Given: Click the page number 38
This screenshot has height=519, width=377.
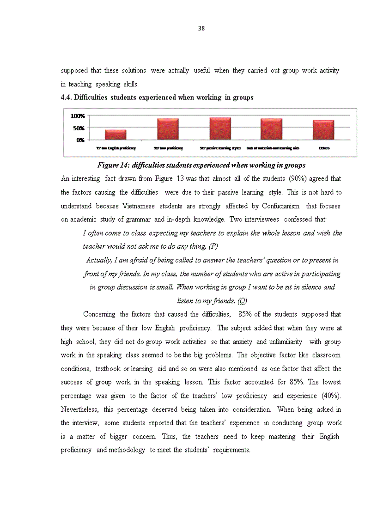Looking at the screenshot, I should click(201, 28).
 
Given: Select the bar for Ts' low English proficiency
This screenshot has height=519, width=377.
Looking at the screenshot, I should click(116, 134).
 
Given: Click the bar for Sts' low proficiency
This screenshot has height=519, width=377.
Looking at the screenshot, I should click(168, 129).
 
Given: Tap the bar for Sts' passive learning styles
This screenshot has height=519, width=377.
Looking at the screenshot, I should click(220, 128).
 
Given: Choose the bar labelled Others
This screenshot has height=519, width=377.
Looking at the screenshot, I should click(323, 130).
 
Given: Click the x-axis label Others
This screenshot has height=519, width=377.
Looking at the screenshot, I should click(324, 148).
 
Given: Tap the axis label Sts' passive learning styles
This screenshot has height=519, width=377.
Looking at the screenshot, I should click(220, 148).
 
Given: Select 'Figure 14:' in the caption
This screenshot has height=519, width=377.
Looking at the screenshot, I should click(112, 165).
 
